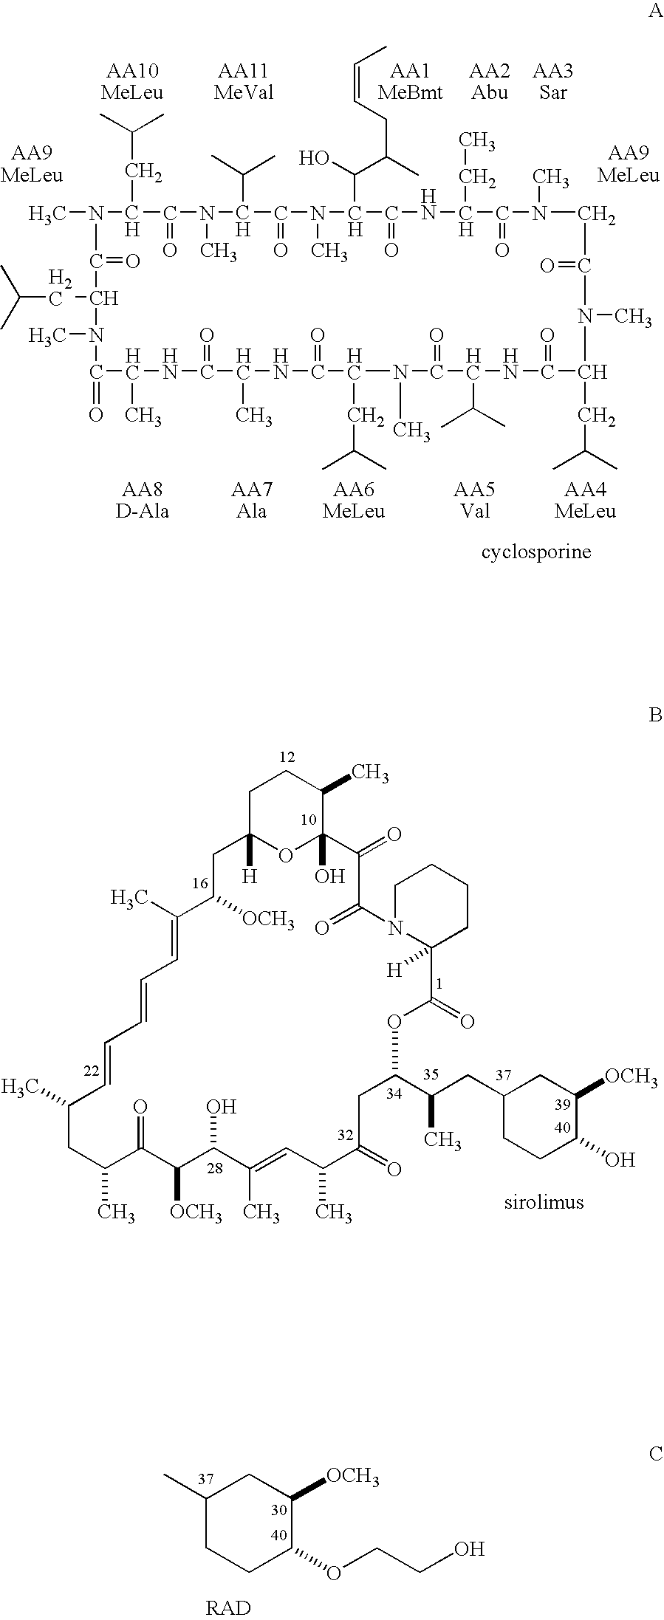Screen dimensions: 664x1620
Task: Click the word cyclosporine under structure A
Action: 536,552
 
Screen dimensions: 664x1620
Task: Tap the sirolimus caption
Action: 544,1201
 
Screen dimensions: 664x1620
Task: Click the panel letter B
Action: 654,715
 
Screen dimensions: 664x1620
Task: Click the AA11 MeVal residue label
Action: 244,81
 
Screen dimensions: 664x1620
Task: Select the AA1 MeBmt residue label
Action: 410,81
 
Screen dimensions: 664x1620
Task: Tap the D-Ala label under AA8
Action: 143,511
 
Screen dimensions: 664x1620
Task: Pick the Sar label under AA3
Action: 552,92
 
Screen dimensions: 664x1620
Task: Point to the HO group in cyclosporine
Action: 314,157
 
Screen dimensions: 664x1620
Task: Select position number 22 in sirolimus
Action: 92,1071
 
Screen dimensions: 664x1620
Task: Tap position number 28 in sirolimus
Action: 215,1166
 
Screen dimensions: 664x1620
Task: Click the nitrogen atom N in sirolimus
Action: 397,928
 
